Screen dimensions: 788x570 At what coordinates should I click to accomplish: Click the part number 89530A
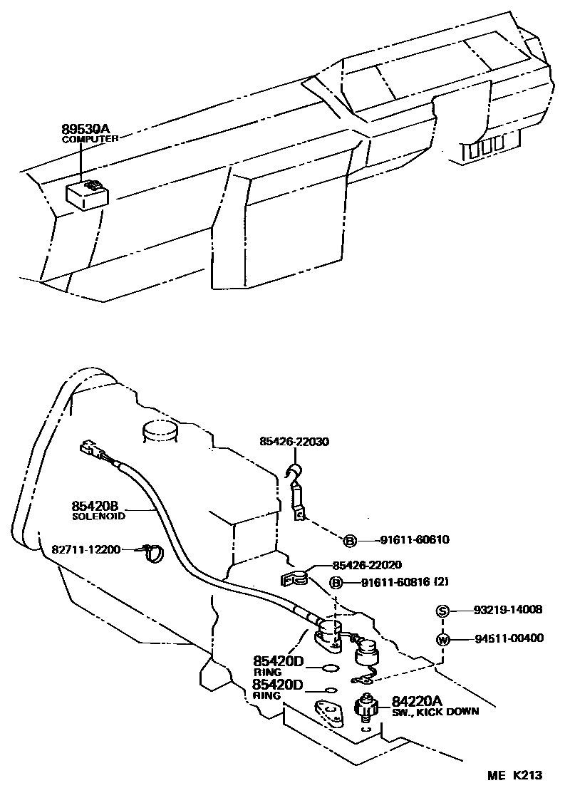tap(85, 129)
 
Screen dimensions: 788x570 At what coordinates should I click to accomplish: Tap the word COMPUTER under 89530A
tap(89, 140)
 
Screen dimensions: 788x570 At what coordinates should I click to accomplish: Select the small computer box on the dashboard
tap(87, 192)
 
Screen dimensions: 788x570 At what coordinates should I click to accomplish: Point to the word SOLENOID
tap(99, 516)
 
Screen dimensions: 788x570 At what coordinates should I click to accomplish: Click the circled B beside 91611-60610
tap(351, 541)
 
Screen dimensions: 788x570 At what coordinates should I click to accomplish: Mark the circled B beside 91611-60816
tap(337, 584)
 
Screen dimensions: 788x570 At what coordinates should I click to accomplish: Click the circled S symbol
tap(442, 611)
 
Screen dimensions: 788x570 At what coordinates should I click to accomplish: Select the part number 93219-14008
tap(508, 610)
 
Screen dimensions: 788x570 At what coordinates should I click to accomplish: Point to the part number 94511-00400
tap(509, 638)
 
